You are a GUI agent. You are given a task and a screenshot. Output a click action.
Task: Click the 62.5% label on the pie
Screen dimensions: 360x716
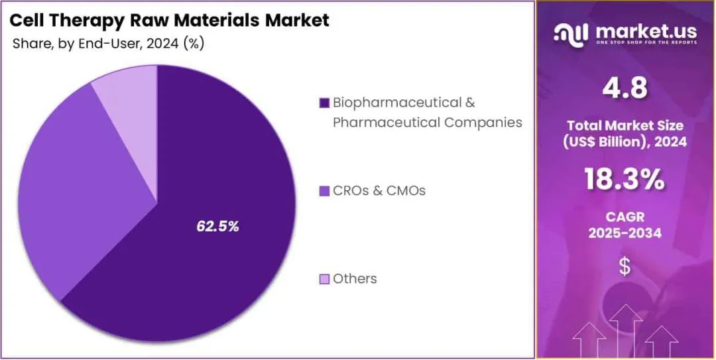pyautogui.click(x=217, y=226)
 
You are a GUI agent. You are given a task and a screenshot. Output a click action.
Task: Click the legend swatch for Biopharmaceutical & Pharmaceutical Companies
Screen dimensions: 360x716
pyautogui.click(x=324, y=103)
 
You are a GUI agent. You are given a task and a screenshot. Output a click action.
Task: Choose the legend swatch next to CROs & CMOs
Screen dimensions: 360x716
pyautogui.click(x=324, y=191)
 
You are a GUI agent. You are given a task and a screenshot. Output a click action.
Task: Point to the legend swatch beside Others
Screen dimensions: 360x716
pyautogui.click(x=324, y=279)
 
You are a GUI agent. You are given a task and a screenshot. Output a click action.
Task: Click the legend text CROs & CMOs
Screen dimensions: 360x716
pyautogui.click(x=379, y=191)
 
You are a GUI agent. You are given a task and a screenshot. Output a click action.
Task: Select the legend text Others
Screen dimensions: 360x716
pyautogui.click(x=355, y=279)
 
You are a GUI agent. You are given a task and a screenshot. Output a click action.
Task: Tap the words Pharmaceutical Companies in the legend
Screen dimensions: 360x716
pyautogui.click(x=427, y=123)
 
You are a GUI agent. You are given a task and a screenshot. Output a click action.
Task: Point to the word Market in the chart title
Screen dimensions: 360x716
pyautogui.click(x=297, y=21)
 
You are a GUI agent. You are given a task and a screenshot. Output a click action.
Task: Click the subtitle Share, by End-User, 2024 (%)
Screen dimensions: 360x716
pyautogui.click(x=108, y=44)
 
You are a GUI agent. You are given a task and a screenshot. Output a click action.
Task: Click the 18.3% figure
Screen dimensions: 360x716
pyautogui.click(x=625, y=179)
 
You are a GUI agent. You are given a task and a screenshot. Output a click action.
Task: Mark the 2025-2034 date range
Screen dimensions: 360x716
pyautogui.click(x=625, y=233)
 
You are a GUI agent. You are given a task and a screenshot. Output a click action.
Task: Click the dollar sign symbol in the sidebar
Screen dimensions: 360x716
pyautogui.click(x=625, y=267)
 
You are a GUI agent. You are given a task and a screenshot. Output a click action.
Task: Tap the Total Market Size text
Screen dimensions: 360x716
pyautogui.click(x=625, y=125)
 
